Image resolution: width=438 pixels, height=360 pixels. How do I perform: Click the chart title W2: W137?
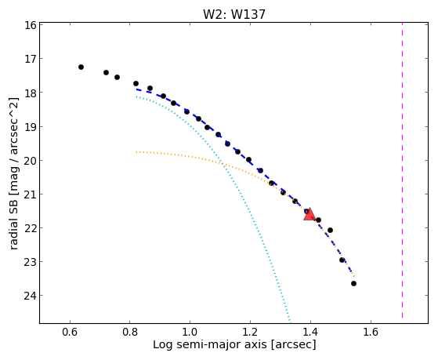click(x=233, y=14)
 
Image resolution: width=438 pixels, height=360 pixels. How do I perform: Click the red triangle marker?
click(x=309, y=215)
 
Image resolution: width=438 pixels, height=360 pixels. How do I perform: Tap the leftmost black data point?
click(x=81, y=67)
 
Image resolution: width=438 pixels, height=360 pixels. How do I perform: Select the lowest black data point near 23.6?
click(x=353, y=284)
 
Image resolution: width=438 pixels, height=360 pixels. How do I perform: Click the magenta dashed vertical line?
click(x=402, y=170)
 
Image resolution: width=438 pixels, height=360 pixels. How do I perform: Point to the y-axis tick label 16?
click(x=31, y=25)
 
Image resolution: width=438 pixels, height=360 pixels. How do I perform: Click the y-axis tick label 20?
click(x=31, y=161)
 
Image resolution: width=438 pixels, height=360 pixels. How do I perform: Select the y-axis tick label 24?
click(x=31, y=296)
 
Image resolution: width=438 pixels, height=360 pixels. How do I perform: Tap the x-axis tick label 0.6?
click(x=70, y=332)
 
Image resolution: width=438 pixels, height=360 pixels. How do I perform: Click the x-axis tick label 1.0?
click(x=190, y=332)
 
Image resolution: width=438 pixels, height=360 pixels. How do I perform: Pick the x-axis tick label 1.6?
click(x=371, y=332)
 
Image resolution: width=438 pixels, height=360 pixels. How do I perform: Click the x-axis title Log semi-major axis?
click(x=210, y=345)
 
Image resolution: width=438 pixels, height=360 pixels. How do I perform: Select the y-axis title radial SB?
click(x=13, y=223)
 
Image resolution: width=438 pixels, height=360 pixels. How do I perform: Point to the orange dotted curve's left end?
click(x=136, y=152)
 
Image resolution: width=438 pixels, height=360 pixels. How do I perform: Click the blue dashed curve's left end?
click(x=136, y=89)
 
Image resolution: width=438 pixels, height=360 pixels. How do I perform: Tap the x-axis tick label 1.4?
click(x=310, y=332)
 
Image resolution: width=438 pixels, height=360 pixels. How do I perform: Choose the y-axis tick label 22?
click(x=31, y=228)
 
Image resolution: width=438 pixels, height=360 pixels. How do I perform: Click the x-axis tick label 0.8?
click(x=129, y=332)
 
